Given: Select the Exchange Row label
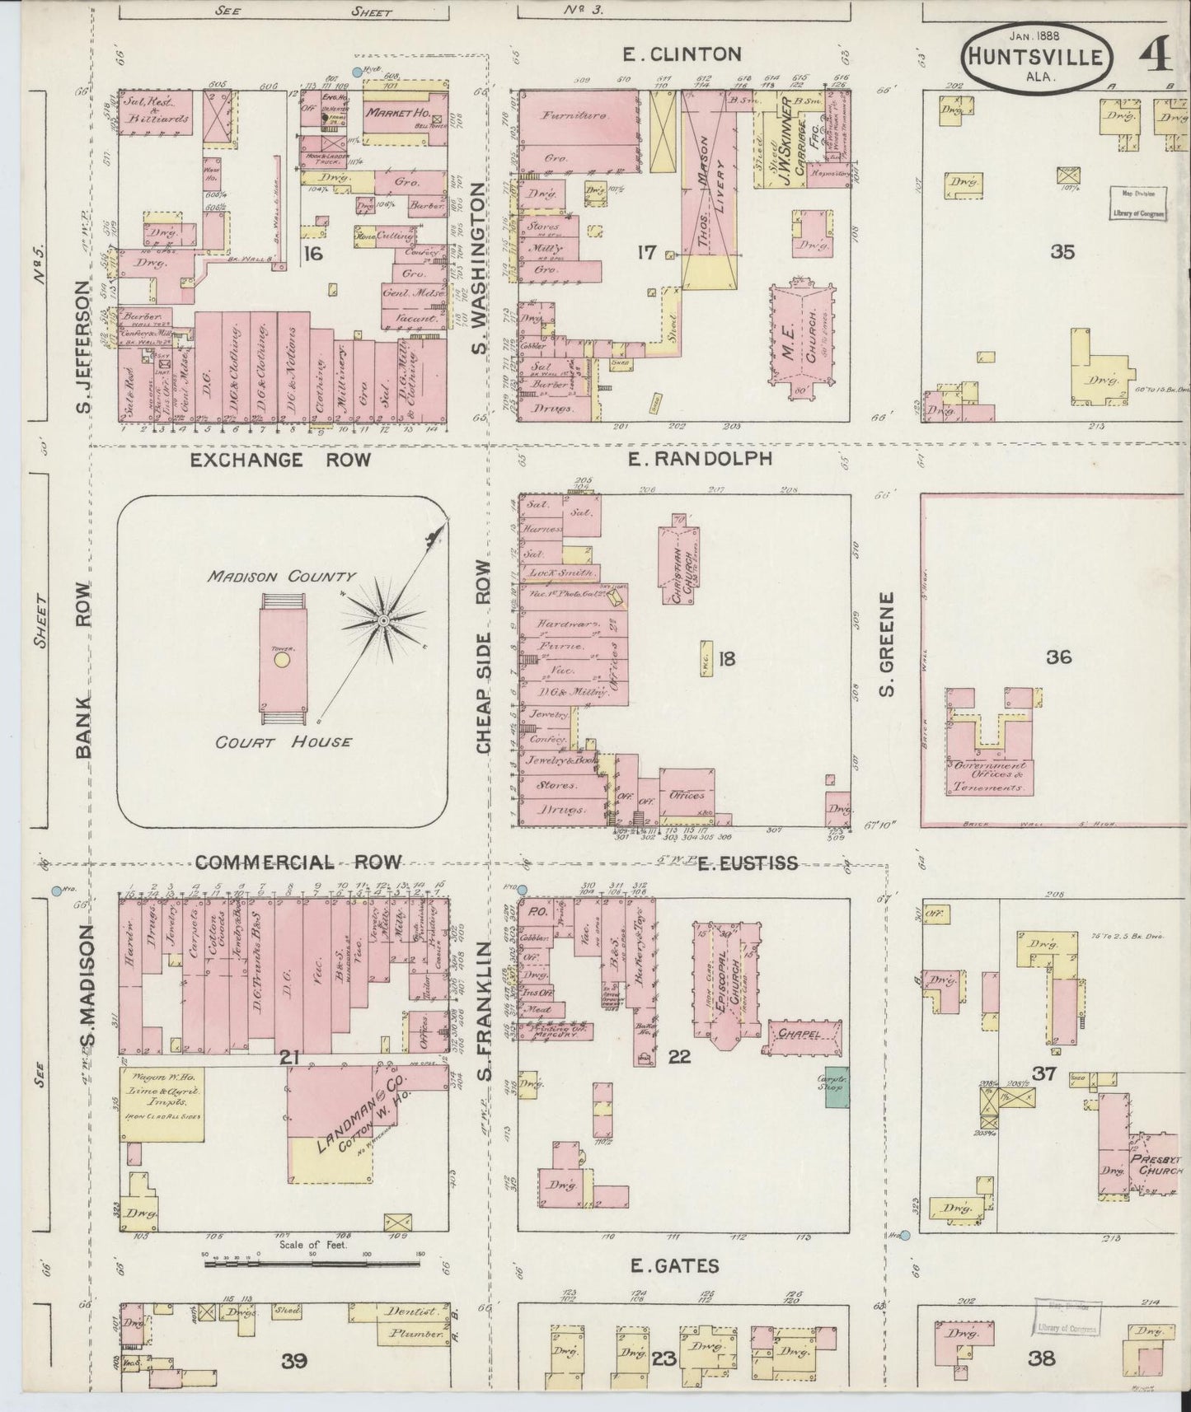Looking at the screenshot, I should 280,460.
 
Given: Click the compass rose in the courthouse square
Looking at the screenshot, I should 384,618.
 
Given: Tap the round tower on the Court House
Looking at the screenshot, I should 282,660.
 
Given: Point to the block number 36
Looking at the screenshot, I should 1059,657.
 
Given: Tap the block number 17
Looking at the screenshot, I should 645,252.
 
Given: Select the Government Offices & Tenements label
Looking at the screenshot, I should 987,776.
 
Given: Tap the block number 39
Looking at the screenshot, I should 293,1360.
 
